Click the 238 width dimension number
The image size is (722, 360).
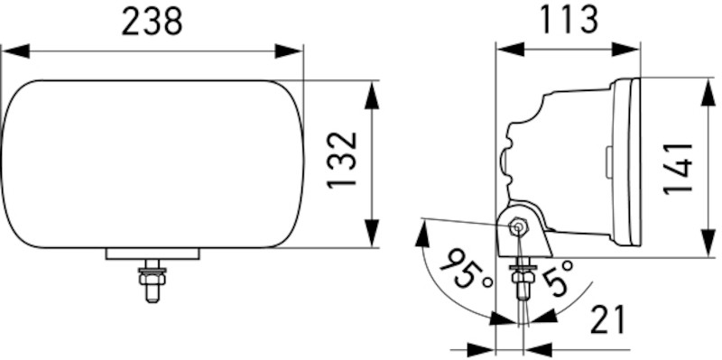(152, 21)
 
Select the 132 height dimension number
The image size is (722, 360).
(343, 162)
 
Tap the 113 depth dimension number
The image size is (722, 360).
(568, 19)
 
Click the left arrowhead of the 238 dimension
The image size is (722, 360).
(14, 51)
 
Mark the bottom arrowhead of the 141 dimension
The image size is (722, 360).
(706, 244)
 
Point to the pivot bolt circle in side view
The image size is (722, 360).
(518, 226)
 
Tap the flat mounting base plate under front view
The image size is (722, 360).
(152, 254)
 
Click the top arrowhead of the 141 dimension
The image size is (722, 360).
(706, 90)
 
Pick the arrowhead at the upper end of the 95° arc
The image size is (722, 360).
(420, 233)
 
